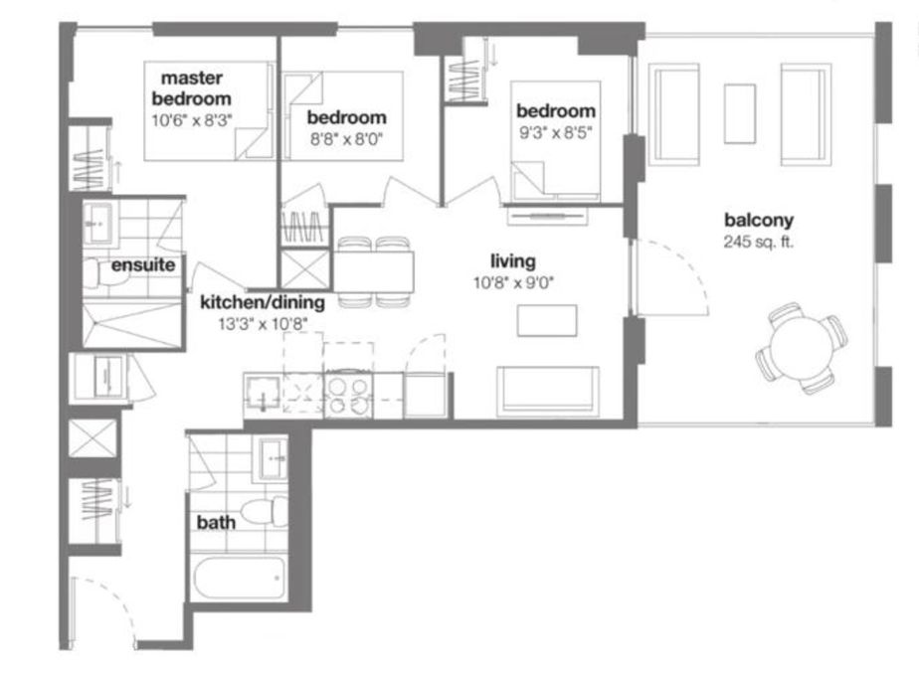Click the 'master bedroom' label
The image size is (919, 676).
point(192,87)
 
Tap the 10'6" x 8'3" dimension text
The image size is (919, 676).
point(192,120)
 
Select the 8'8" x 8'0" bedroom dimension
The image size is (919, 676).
point(346,139)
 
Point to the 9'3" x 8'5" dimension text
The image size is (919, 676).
point(556,132)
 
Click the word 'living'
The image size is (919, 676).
point(513,260)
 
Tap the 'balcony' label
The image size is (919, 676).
point(759,221)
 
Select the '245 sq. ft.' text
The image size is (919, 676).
point(759,242)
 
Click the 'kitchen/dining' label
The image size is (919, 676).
point(263,302)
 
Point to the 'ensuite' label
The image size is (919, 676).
point(143,264)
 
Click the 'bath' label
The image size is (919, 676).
point(216,522)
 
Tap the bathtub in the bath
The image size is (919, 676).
point(239,578)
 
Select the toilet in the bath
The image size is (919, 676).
point(264,511)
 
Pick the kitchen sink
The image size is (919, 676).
point(263,392)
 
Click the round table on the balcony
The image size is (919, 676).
point(801,348)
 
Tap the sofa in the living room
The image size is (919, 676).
point(547,392)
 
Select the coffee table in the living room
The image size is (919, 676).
point(547,320)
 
